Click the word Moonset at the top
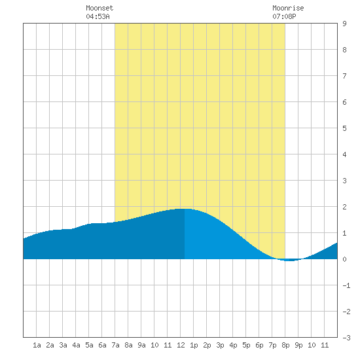pyautogui.click(x=99, y=8)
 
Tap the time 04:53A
pyautogui.click(x=98, y=16)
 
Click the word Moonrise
pyautogui.click(x=288, y=8)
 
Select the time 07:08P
pyautogui.click(x=284, y=16)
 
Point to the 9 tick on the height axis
pyautogui.click(x=344, y=24)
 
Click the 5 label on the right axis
pyautogui.click(x=344, y=128)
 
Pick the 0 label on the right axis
pyautogui.click(x=344, y=259)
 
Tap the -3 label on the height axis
pyautogui.click(x=346, y=338)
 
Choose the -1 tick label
pyautogui.click(x=346, y=285)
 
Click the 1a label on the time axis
pyautogui.click(x=37, y=345)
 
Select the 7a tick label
pyautogui.click(x=115, y=345)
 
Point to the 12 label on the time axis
pyautogui.click(x=181, y=345)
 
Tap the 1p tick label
pyautogui.click(x=194, y=345)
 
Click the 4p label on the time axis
pyautogui.click(x=233, y=345)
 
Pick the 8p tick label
pyautogui.click(x=285, y=345)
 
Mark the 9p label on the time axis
pyautogui.click(x=298, y=345)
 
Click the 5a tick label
pyautogui.click(x=89, y=345)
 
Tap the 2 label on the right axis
pyautogui.click(x=344, y=207)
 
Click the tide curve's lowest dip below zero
pyautogui.click(x=290, y=261)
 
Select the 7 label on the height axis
pyautogui.click(x=344, y=76)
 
